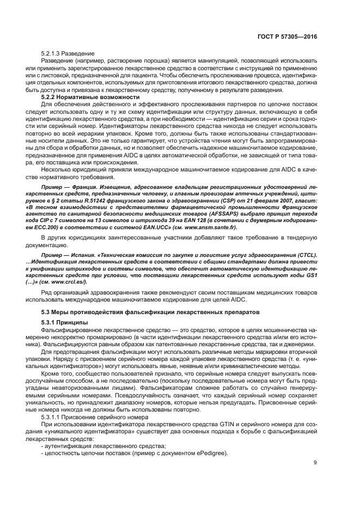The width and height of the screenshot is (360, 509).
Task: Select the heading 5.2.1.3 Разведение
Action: pyautogui.click(x=68, y=53)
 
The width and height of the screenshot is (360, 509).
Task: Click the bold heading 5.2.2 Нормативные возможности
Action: pyautogui.click(x=82, y=96)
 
